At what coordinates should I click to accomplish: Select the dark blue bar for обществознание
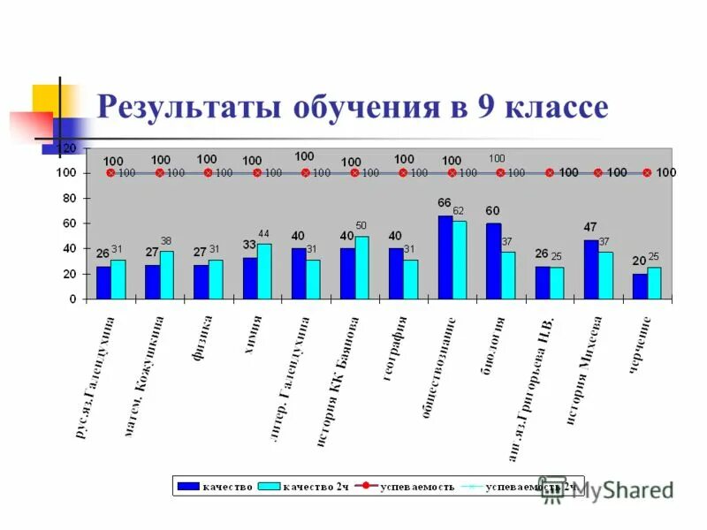[445, 257]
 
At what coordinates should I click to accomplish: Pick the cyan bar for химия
[264, 271]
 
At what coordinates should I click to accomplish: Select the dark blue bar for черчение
[640, 286]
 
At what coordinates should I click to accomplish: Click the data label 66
[445, 203]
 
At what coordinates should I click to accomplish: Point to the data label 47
[590, 227]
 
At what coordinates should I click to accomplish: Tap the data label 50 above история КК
[361, 225]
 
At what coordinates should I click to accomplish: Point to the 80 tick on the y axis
[67, 198]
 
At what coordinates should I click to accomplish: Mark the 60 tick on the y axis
[67, 223]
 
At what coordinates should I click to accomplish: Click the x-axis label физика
[207, 337]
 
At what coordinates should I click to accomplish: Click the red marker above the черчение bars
[646, 173]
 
